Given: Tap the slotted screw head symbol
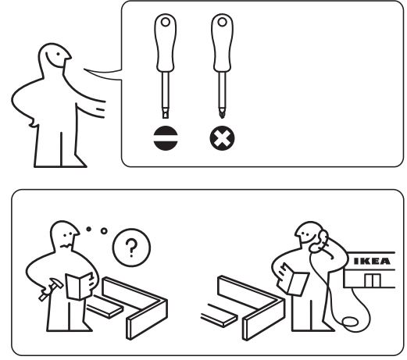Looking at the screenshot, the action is point(166,138).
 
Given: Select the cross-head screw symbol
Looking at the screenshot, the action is point(222,138).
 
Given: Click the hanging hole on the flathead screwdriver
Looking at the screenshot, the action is point(166,22).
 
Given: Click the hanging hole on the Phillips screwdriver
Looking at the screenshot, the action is point(222,22).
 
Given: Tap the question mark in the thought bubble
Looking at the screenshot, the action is point(131,248).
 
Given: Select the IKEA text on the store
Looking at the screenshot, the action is point(372,261).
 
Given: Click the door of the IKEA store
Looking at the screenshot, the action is point(373,280).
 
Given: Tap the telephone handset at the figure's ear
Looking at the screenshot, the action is point(319,241).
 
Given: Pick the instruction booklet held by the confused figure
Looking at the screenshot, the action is point(80,286).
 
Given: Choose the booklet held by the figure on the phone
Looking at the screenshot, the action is point(293,280).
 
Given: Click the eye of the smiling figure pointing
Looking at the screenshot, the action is point(59,54).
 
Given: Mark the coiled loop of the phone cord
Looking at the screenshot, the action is point(350,322).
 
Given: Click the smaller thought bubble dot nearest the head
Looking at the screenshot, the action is point(89,229).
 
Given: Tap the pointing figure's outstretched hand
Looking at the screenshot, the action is point(99,109).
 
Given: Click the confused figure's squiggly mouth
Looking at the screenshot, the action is point(65,246).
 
